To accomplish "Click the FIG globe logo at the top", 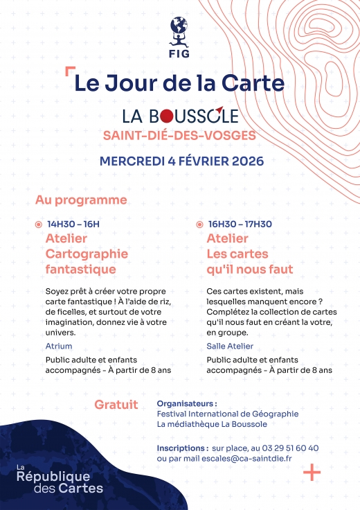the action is point(179,34).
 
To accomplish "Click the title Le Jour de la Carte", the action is point(179,83).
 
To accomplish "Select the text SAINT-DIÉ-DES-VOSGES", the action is point(179,134).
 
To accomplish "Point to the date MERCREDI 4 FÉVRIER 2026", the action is point(181,161).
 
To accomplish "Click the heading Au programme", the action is point(81,200).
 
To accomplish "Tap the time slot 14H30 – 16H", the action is point(73,224).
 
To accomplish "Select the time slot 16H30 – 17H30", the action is point(240,224).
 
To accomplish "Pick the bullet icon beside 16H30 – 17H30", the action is point(199,225).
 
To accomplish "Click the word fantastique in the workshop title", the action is point(80,269).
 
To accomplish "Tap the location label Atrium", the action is point(58,345).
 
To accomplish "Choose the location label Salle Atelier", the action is point(230,345).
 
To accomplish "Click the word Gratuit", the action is point(116,404).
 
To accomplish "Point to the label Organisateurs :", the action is point(187,403).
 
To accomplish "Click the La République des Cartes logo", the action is point(60,477).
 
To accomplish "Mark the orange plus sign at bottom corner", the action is point(312,473).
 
